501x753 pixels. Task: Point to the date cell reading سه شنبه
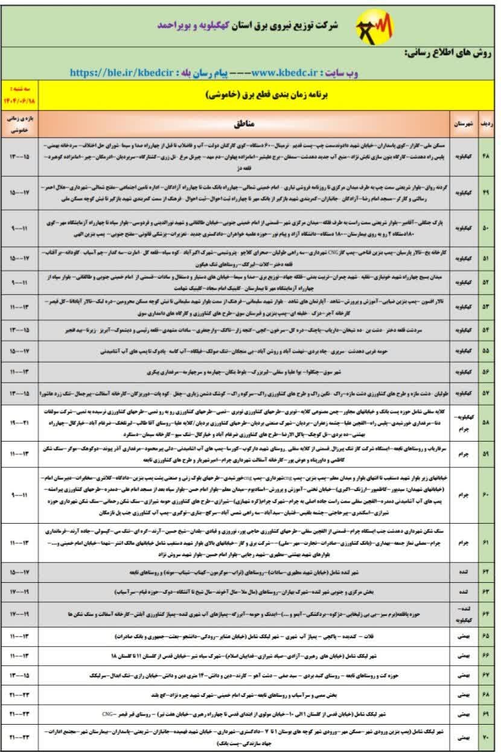19,95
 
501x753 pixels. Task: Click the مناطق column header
247,124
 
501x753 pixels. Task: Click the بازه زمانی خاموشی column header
19,124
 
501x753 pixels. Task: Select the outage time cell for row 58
19,423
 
